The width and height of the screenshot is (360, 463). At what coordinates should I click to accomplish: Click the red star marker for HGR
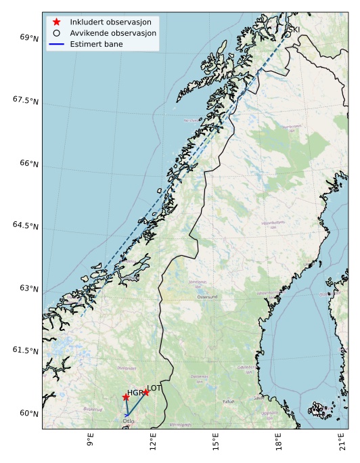(126, 397)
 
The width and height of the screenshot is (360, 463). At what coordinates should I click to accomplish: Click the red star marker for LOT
(145, 392)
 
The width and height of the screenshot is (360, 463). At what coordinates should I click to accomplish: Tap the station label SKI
(294, 30)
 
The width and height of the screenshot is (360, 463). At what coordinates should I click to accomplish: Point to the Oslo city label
(129, 421)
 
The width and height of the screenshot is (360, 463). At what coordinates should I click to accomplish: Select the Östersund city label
(208, 297)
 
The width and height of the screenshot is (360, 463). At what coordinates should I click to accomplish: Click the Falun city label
(229, 401)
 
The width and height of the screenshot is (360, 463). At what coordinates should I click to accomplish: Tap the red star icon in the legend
(57, 22)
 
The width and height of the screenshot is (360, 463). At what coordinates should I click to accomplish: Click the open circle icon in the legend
(57, 32)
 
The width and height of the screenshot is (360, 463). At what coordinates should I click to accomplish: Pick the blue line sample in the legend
(57, 43)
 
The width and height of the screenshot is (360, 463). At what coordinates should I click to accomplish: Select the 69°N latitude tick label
(29, 38)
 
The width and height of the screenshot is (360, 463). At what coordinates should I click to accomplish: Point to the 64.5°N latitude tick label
(26, 225)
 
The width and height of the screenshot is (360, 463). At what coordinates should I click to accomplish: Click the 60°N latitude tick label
(29, 413)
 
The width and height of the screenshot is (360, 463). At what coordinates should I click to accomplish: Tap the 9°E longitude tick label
(90, 442)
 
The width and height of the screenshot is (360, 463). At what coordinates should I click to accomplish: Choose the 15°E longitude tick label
(216, 442)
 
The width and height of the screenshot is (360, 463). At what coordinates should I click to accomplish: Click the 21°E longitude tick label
(342, 442)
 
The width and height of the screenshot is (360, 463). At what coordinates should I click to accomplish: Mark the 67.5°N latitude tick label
(26, 100)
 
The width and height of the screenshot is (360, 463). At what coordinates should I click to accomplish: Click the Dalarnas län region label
(199, 378)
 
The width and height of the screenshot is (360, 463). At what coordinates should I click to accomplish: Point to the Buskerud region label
(93, 409)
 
